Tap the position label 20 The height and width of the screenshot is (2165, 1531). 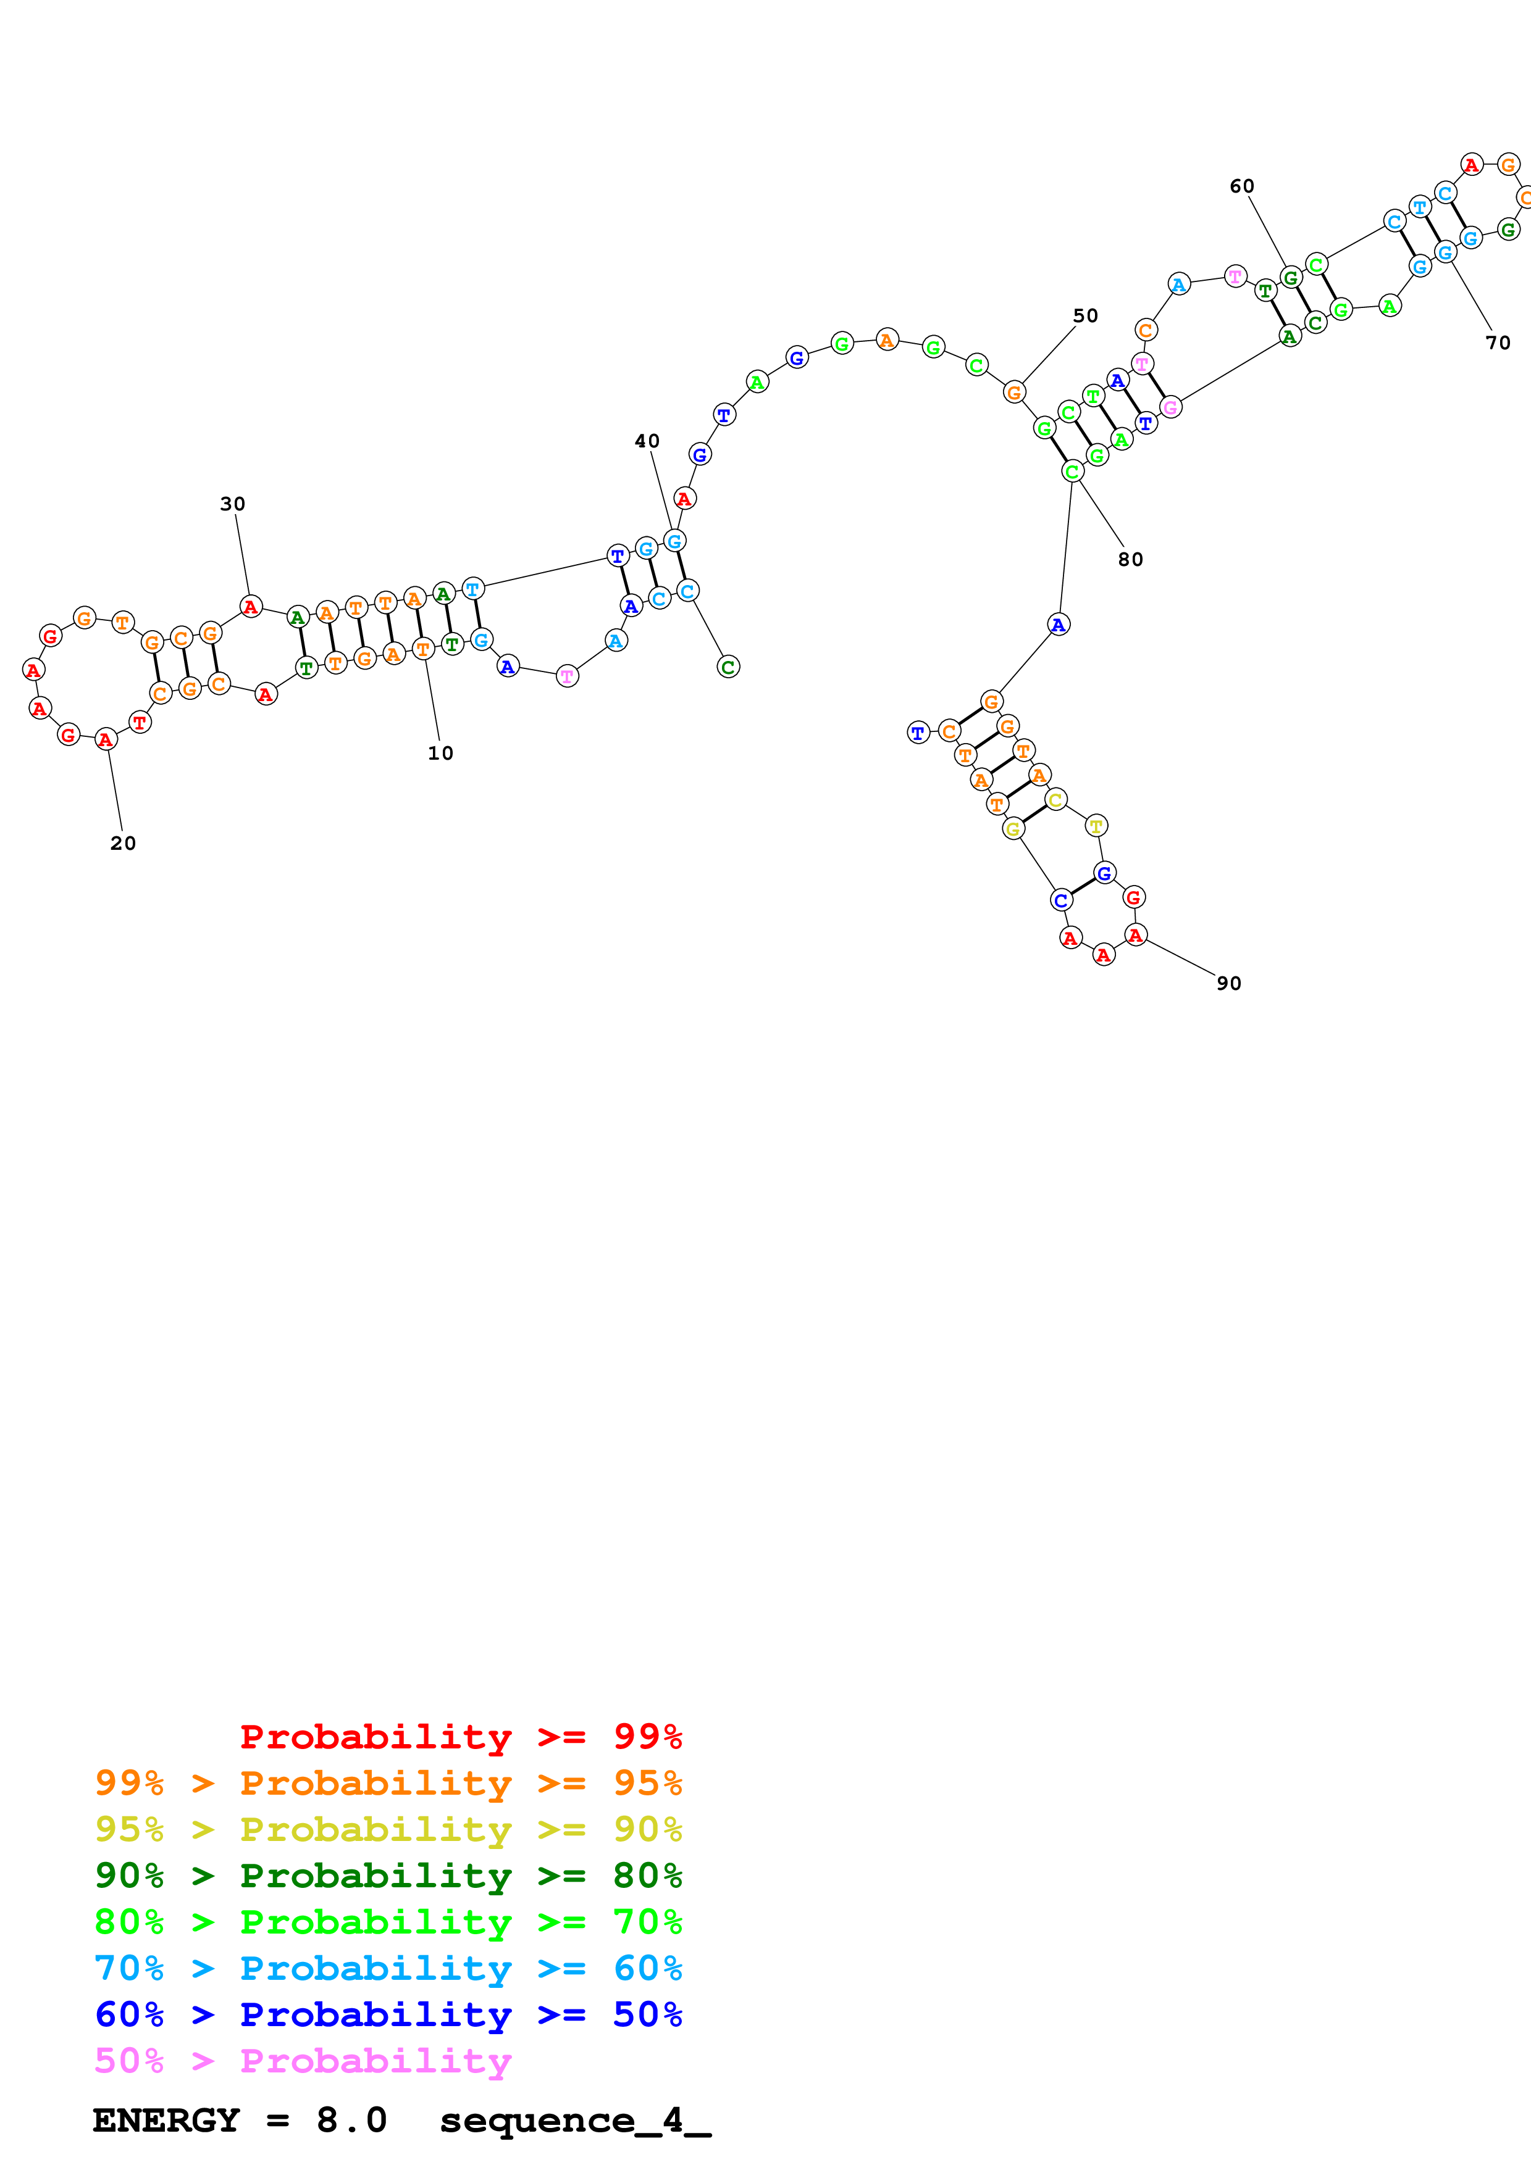click(x=124, y=844)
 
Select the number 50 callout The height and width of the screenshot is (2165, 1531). click(x=1086, y=316)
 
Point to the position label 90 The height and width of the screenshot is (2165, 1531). click(x=1229, y=984)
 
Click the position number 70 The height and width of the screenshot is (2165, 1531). click(x=1499, y=343)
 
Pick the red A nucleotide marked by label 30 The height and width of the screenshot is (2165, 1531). click(x=250, y=607)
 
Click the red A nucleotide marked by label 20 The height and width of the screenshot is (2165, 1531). click(x=106, y=740)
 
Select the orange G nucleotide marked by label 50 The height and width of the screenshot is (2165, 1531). click(x=1014, y=393)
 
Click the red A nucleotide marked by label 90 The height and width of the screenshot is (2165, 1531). click(x=1136, y=936)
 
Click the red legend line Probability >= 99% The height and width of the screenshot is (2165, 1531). click(x=460, y=1737)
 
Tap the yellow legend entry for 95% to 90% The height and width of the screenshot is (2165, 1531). click(x=388, y=1829)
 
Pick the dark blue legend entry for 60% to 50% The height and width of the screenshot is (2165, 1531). click(x=388, y=2014)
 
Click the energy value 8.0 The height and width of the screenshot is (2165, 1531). click(x=351, y=2121)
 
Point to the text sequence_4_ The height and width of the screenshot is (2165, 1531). click(x=576, y=2121)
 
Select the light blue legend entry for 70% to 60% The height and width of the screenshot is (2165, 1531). click(x=388, y=1969)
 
